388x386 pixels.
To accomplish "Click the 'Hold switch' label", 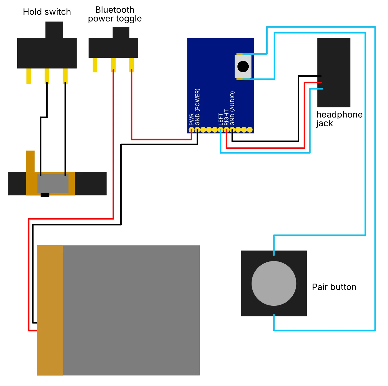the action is tap(47, 12).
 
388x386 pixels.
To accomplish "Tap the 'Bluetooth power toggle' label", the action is tap(115, 14).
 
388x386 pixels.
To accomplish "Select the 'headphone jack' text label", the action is tap(339, 119).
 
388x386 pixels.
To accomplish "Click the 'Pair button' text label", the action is tap(334, 287).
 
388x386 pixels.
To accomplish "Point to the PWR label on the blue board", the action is tap(191, 119).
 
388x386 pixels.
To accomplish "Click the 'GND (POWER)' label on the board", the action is tap(197, 107).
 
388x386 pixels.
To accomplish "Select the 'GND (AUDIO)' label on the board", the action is tap(232, 108).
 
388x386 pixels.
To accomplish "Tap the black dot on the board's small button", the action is tap(243, 67).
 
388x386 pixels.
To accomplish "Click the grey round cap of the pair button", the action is tap(274, 283).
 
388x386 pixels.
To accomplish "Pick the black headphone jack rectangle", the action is tap(334, 73).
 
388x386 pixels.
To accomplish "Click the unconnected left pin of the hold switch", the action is tap(28, 76).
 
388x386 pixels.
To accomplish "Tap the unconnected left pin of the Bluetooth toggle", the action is tap(95, 65).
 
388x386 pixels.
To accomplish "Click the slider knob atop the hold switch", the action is tap(54, 30).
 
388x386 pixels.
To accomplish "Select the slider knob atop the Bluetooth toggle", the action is tap(121, 33).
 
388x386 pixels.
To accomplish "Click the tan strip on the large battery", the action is tap(50, 310).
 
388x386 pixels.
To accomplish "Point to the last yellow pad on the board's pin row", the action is tap(250, 130).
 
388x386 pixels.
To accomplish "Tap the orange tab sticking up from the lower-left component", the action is tap(30, 161).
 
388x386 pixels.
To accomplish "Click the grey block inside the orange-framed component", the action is tap(53, 184).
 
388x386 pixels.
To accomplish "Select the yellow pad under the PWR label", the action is tap(191, 130).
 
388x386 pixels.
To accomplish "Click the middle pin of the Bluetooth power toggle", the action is tap(113, 65).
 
